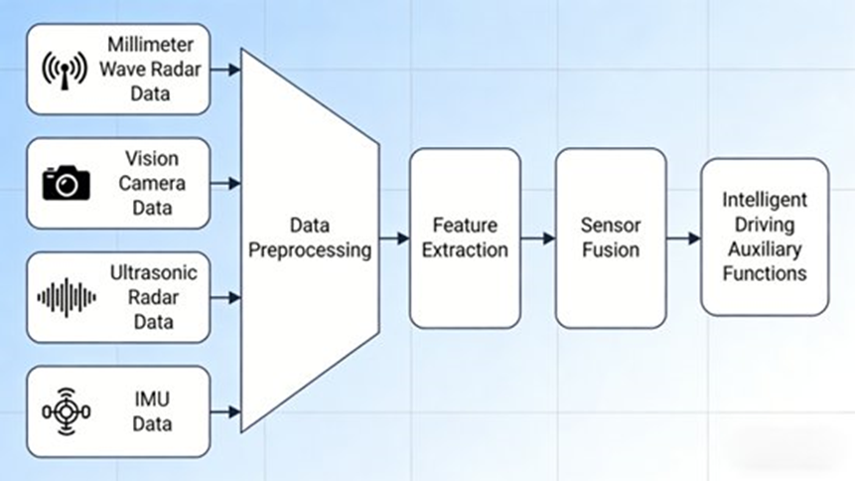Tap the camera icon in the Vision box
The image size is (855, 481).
click(66, 183)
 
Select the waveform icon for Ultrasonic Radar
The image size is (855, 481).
click(67, 296)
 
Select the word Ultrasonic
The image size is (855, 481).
click(154, 272)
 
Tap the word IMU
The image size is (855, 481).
click(151, 400)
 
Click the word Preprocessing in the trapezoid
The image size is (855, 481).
click(310, 249)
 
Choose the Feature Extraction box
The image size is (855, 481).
click(465, 238)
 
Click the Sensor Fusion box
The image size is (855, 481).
click(610, 238)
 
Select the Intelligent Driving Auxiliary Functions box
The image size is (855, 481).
click(764, 237)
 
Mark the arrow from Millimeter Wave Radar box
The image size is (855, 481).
click(226, 70)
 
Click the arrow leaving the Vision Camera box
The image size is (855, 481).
click(226, 183)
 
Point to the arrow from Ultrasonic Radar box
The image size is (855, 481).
click(226, 296)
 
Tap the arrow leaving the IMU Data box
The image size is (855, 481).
click(226, 409)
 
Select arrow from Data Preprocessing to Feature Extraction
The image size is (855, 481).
click(394, 238)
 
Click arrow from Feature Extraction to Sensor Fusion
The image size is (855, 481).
click(537, 238)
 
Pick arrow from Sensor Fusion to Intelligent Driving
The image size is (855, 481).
click(682, 238)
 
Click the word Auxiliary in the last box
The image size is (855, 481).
click(764, 248)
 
